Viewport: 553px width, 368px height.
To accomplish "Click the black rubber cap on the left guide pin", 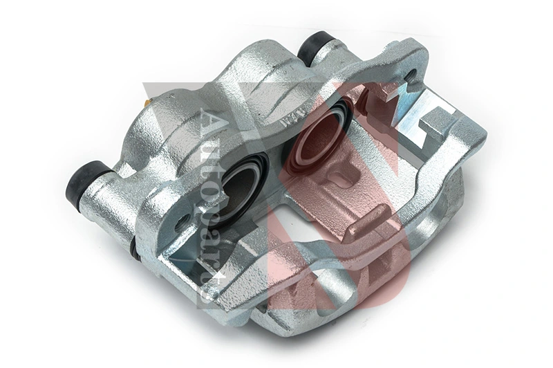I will (x=84, y=181).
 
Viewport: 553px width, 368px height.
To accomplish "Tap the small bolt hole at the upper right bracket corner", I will (x=413, y=75).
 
